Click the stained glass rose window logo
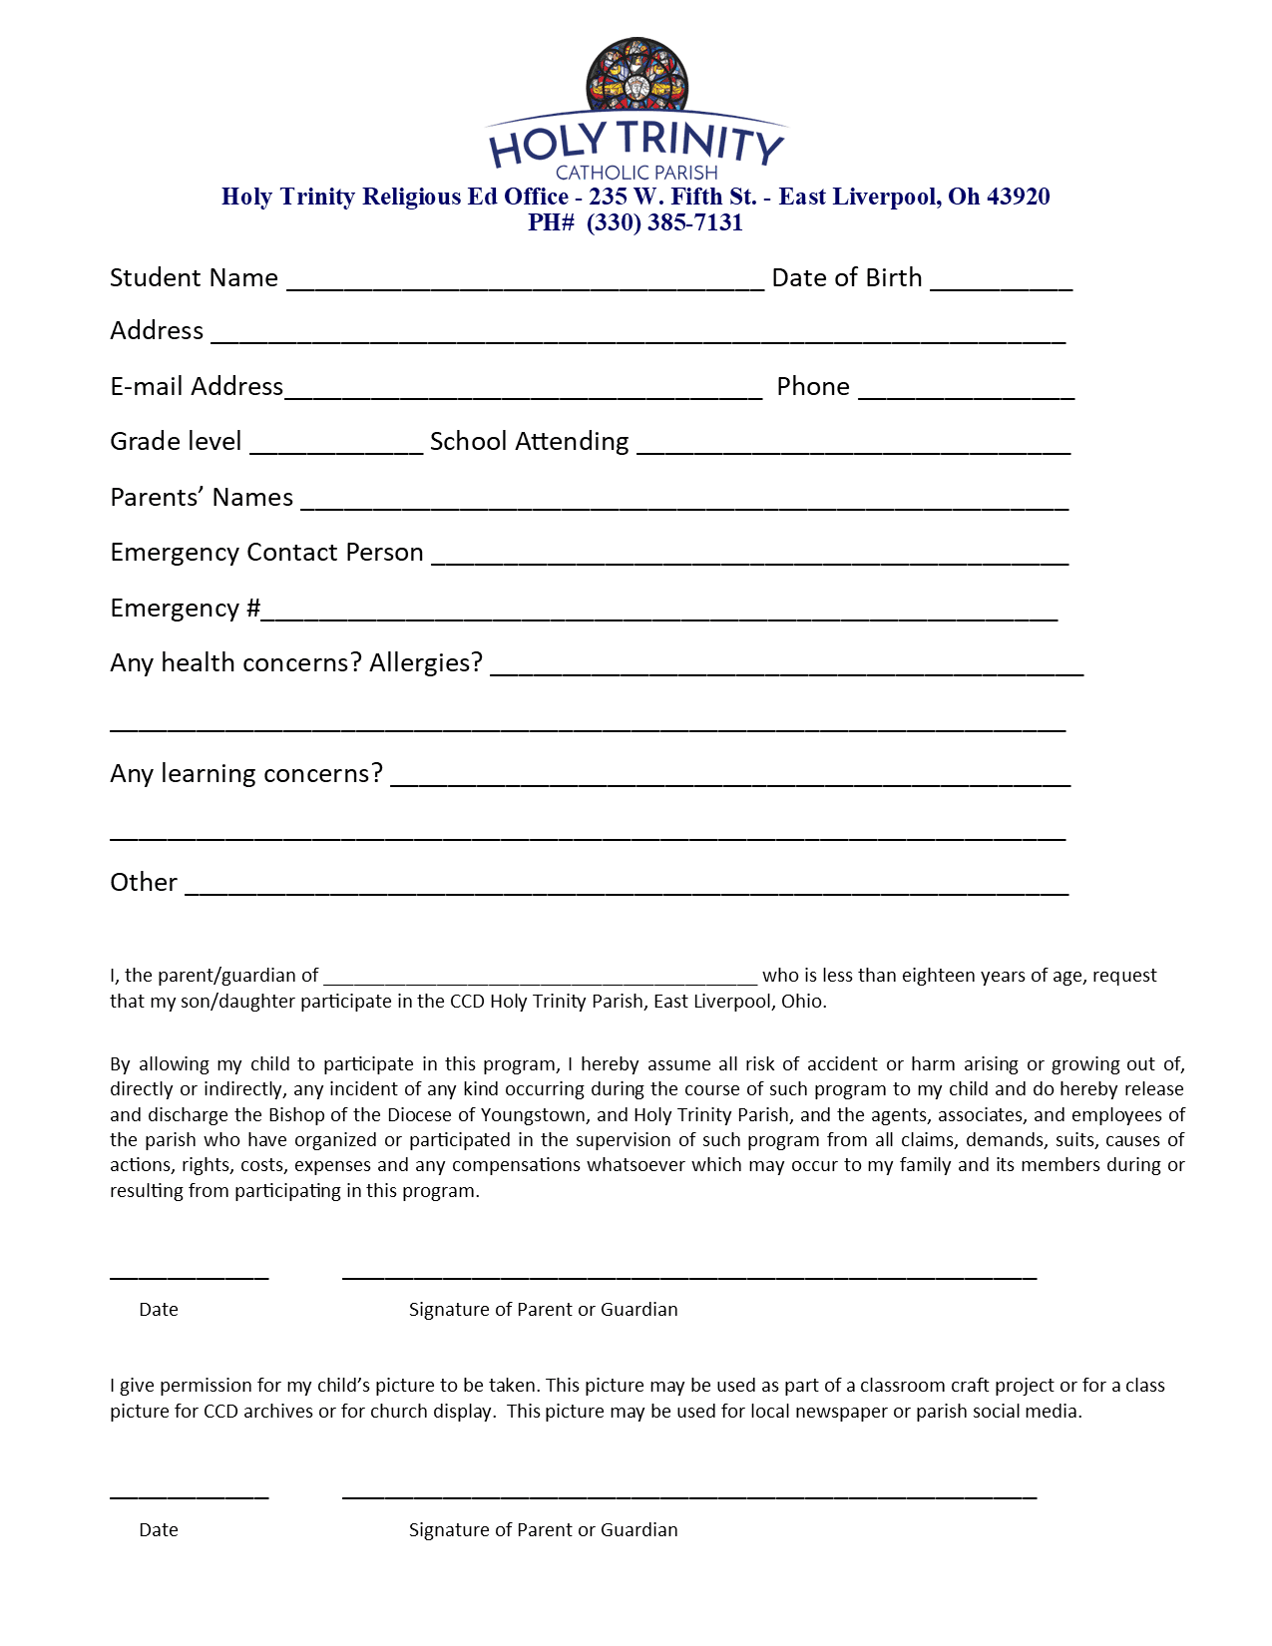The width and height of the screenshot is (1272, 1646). click(x=636, y=76)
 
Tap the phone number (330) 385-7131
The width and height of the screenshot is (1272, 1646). click(x=664, y=222)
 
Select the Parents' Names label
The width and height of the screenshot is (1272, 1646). click(x=202, y=497)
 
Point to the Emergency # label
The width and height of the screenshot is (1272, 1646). click(x=185, y=608)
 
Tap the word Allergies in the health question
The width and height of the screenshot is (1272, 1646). click(x=426, y=662)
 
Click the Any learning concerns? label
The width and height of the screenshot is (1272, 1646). click(x=246, y=773)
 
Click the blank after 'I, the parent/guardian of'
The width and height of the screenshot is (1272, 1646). click(x=540, y=980)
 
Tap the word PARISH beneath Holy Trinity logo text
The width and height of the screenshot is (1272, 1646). click(x=685, y=173)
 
